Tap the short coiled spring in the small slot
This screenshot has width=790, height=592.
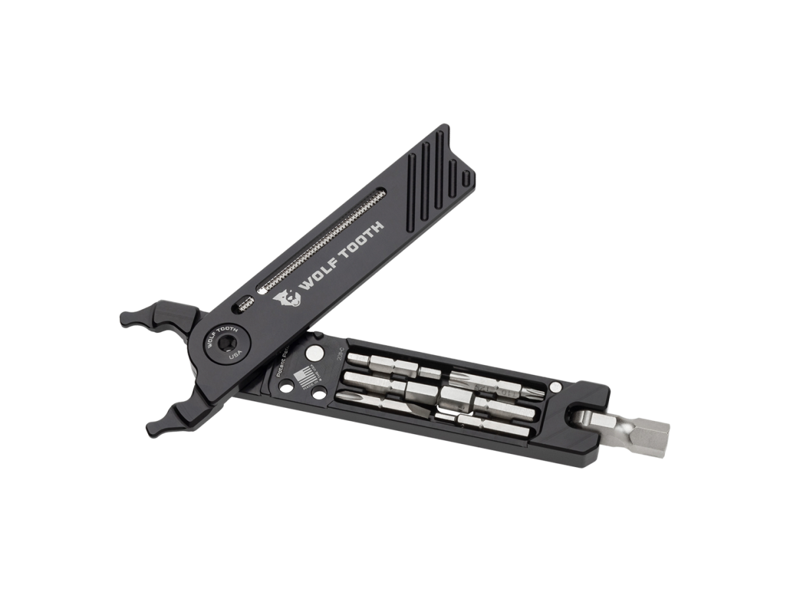246,303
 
